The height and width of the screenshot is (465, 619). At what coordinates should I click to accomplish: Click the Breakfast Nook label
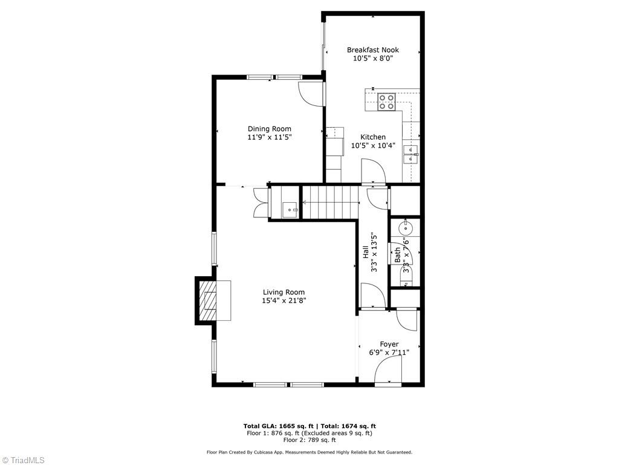pyautogui.click(x=372, y=50)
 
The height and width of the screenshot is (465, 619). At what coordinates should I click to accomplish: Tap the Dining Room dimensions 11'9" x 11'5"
pyautogui.click(x=269, y=137)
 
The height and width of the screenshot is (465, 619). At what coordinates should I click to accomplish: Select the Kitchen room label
pyautogui.click(x=373, y=137)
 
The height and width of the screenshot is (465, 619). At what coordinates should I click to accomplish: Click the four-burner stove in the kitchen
pyautogui.click(x=386, y=102)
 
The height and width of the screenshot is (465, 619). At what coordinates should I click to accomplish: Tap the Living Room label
pyautogui.click(x=284, y=292)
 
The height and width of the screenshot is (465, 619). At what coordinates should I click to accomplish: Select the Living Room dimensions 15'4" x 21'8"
pyautogui.click(x=284, y=300)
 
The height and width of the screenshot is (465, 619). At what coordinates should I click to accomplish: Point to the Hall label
pyautogui.click(x=366, y=252)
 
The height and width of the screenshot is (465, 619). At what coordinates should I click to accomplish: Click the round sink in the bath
pyautogui.click(x=405, y=229)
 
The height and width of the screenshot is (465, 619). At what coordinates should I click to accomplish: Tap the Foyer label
pyautogui.click(x=389, y=344)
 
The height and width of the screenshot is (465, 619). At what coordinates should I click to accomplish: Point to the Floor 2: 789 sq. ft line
pyautogui.click(x=309, y=440)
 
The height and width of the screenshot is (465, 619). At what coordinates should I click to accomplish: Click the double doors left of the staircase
pyautogui.click(x=261, y=202)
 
